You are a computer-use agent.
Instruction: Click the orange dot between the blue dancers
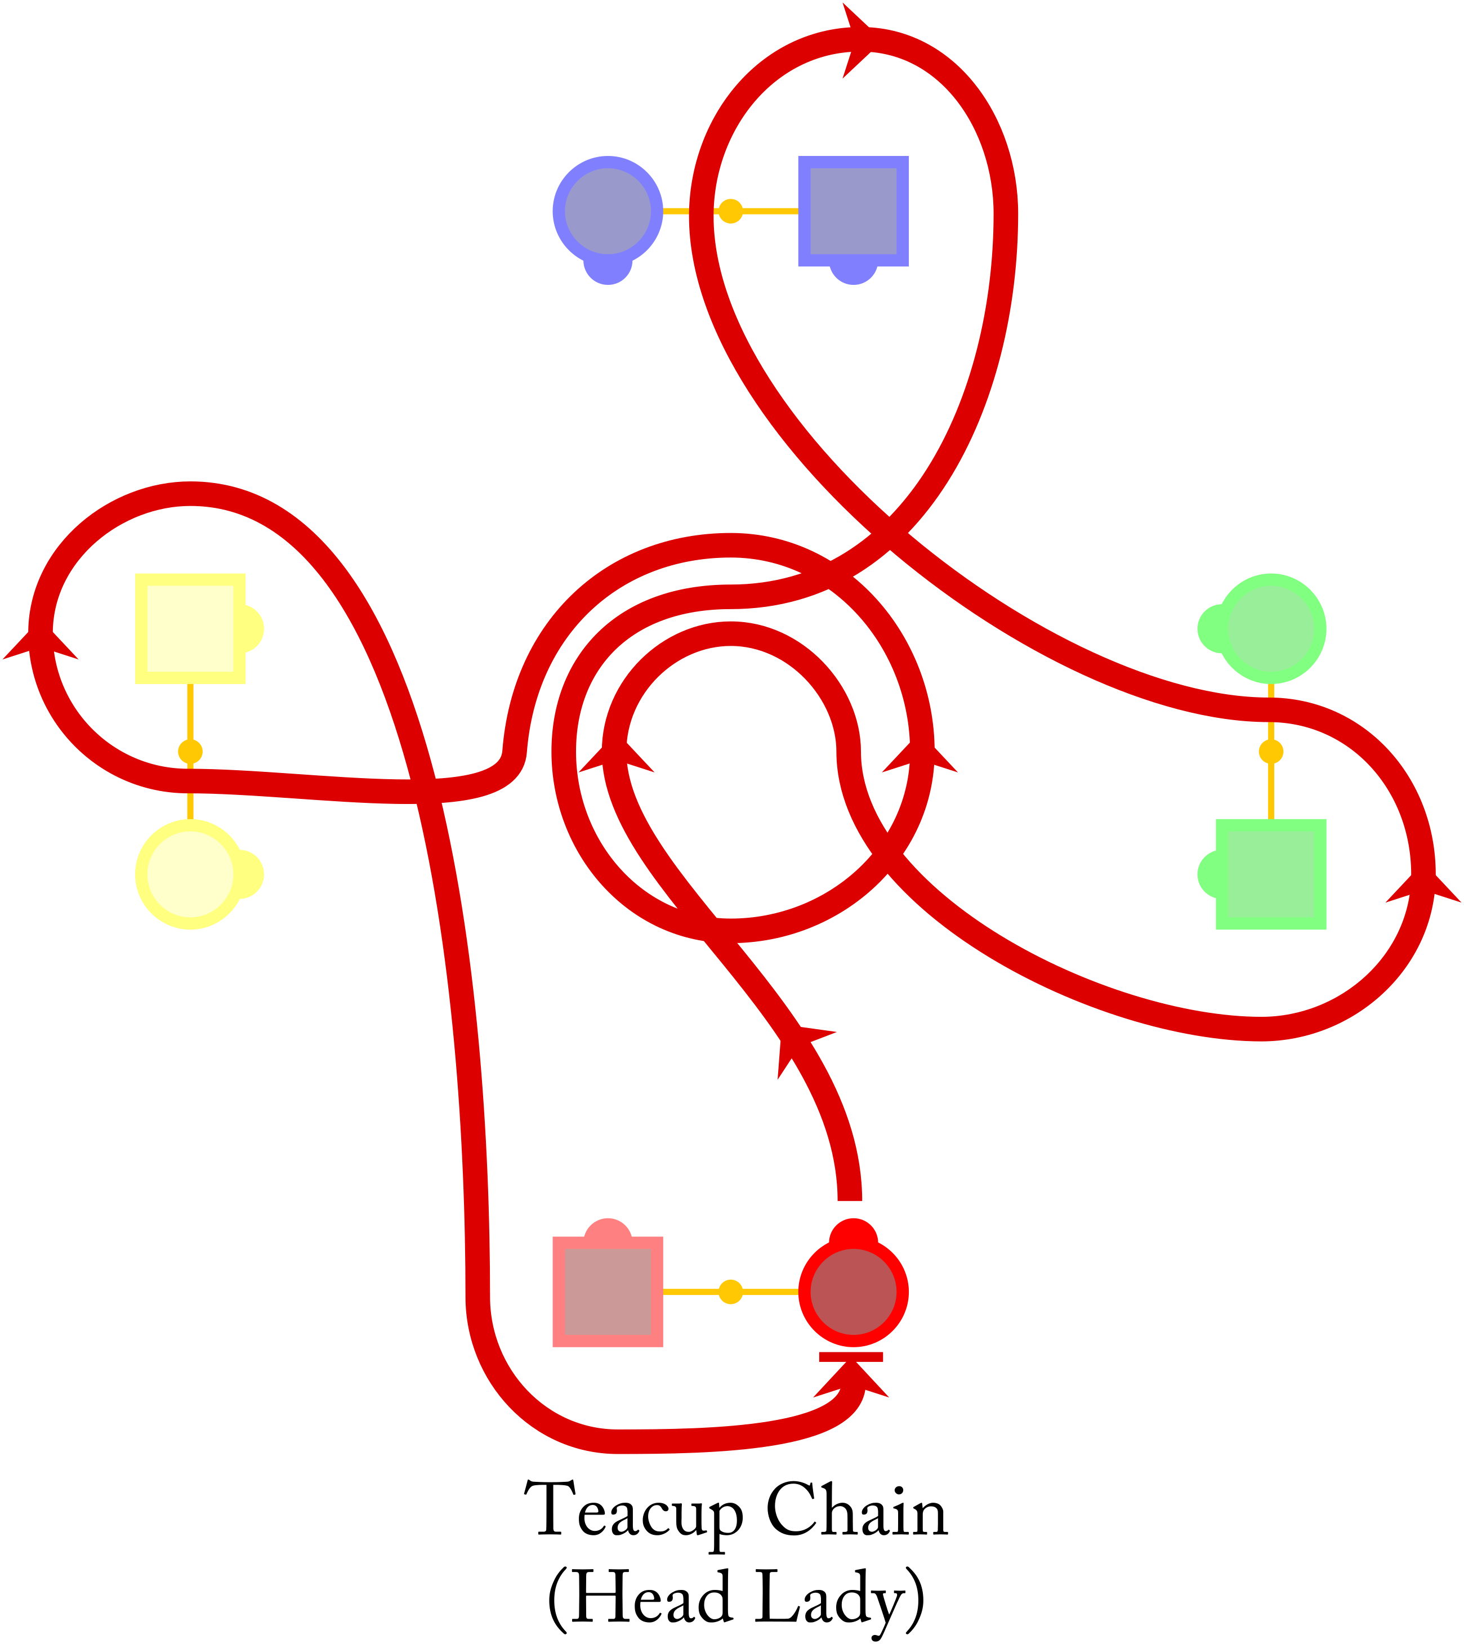(x=730, y=212)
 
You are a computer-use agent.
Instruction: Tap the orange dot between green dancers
(x=1270, y=752)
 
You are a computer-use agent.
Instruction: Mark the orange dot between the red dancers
(x=730, y=1292)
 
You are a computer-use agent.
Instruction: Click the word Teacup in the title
(x=634, y=1509)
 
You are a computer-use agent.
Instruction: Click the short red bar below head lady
(x=851, y=1357)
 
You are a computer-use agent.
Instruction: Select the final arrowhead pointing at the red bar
(x=851, y=1380)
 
